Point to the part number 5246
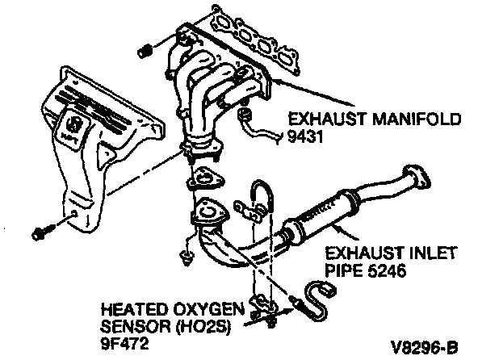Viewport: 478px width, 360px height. pyautogui.click(x=386, y=270)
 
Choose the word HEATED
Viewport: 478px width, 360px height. pyautogui.click(x=134, y=309)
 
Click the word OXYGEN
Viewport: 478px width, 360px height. pyautogui.click(x=209, y=309)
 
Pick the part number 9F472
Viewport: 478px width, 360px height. pyautogui.click(x=124, y=344)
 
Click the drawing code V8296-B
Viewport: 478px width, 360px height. pyautogui.click(x=425, y=347)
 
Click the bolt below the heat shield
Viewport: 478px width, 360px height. pyautogui.click(x=42, y=232)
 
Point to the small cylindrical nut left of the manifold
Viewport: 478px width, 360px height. pyautogui.click(x=145, y=51)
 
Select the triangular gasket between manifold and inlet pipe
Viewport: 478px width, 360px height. pyautogui.click(x=205, y=178)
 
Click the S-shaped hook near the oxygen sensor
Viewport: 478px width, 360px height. pyautogui.click(x=320, y=301)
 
